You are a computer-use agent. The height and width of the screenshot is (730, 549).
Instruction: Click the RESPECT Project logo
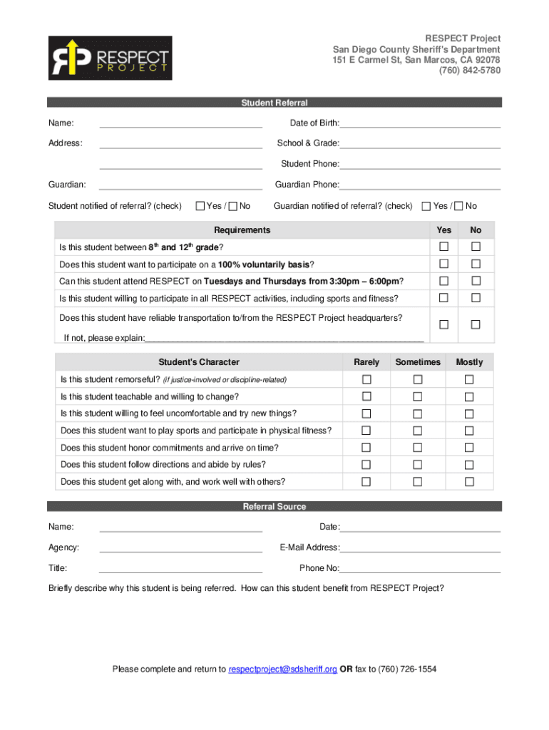[110, 58]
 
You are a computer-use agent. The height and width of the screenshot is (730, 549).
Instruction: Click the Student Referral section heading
[274, 103]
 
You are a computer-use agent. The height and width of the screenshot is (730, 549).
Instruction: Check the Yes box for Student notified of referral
[200, 206]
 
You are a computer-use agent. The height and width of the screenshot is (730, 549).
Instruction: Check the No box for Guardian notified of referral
[459, 206]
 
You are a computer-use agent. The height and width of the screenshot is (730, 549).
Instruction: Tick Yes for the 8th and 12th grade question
[443, 247]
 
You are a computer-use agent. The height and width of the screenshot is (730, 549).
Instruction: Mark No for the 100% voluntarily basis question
[476, 264]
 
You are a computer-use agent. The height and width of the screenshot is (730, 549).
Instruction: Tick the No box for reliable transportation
[476, 324]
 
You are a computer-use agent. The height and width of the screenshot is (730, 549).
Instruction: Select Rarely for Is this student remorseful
[366, 379]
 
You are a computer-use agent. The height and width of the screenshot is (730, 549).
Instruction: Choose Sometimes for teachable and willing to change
[418, 396]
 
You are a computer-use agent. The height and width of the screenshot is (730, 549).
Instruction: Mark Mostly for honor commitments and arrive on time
[469, 448]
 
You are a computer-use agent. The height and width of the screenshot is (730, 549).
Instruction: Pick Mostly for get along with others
[469, 482]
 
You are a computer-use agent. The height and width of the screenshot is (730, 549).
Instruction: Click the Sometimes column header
[418, 362]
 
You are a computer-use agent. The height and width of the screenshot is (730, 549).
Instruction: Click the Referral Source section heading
[274, 507]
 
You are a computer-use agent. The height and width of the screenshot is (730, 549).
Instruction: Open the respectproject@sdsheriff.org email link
[282, 669]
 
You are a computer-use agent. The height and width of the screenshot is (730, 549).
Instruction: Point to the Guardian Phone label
[307, 185]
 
